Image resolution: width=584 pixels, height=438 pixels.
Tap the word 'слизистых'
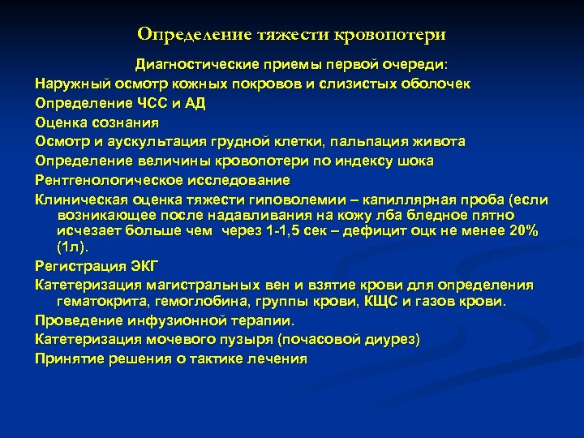(343, 84)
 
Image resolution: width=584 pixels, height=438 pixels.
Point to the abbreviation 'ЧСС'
(143, 104)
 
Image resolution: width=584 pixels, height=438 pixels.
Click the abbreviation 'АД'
(195, 104)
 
